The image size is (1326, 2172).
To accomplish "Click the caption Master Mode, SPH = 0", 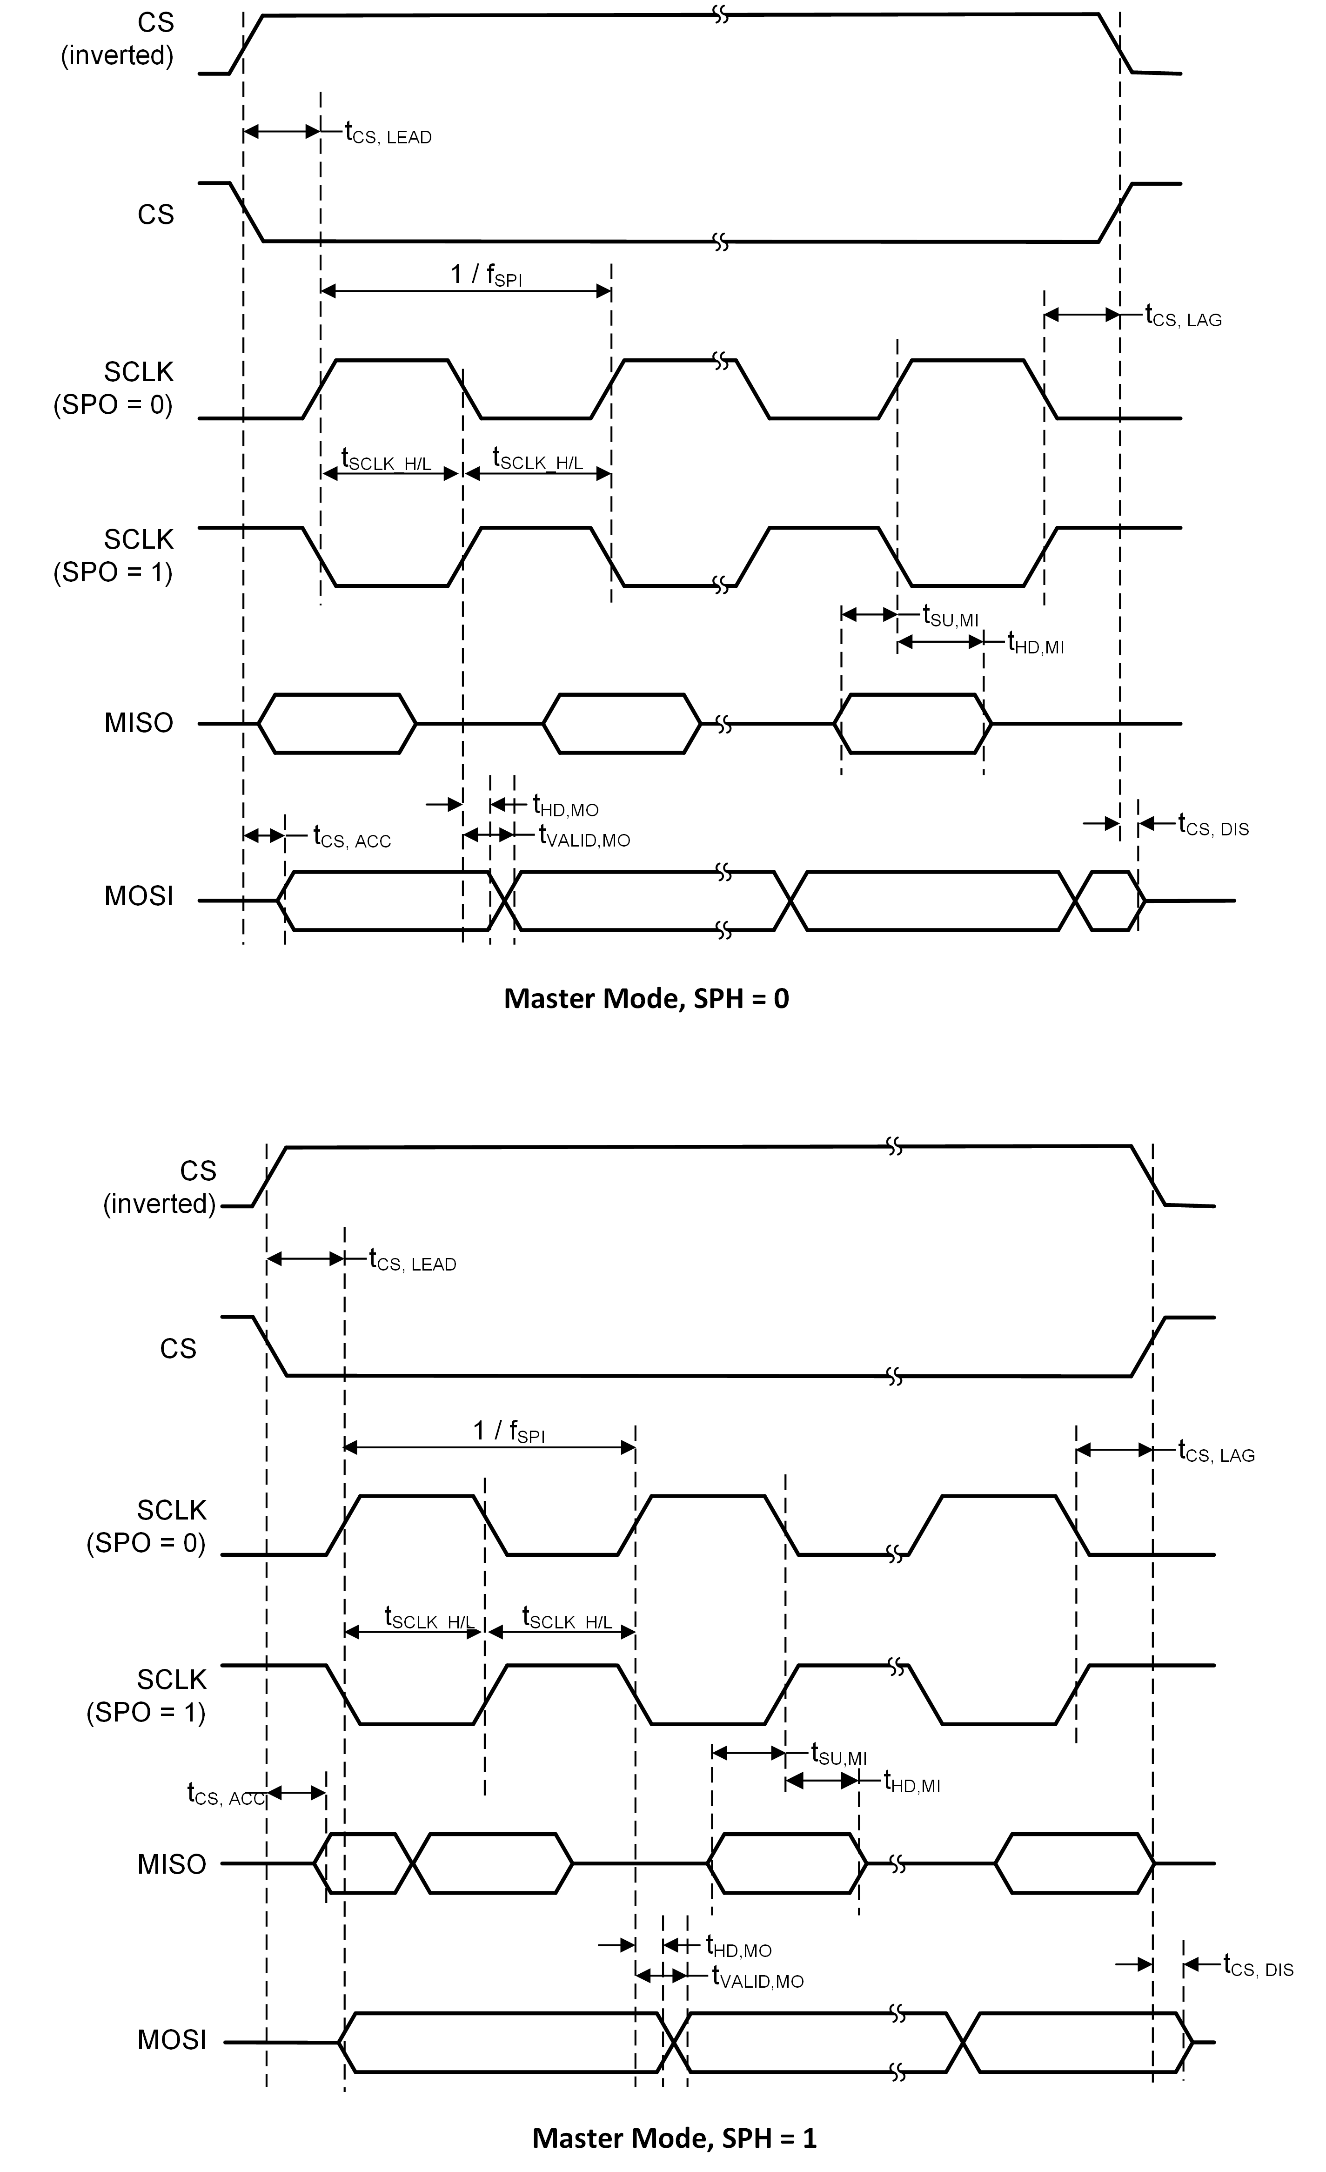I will tap(646, 999).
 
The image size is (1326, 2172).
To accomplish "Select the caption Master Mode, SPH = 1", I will tap(674, 2138).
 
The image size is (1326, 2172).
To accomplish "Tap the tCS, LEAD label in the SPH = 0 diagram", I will tap(388, 134).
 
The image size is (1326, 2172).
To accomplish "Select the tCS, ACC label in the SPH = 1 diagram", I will tap(226, 1794).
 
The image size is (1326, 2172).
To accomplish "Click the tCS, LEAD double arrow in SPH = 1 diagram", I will tap(305, 1259).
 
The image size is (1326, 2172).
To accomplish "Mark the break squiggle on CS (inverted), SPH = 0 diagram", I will tap(721, 15).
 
